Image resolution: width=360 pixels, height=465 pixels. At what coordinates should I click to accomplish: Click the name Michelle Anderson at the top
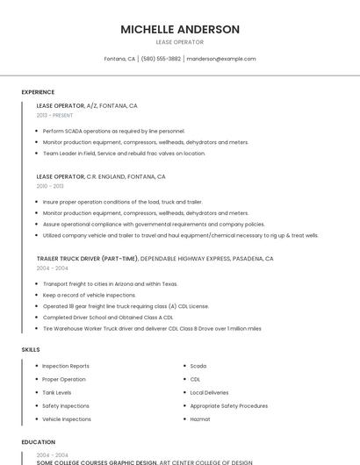pyautogui.click(x=180, y=29)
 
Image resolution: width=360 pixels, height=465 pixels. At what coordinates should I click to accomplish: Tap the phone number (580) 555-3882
pyautogui.click(x=161, y=59)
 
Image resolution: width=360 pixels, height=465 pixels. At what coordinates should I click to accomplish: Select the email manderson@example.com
pyautogui.click(x=221, y=59)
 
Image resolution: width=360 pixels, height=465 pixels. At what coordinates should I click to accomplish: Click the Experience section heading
pyautogui.click(x=38, y=92)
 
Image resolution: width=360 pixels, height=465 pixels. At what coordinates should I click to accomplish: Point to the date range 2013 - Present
pyautogui.click(x=54, y=115)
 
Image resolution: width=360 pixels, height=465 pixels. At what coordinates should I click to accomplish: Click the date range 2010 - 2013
pyautogui.click(x=50, y=186)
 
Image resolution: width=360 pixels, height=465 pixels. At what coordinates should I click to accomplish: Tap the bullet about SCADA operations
pyautogui.click(x=113, y=131)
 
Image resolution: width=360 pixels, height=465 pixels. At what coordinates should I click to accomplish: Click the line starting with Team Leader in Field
pyautogui.click(x=124, y=154)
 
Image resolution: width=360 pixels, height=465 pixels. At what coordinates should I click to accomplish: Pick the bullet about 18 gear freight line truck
pyautogui.click(x=126, y=306)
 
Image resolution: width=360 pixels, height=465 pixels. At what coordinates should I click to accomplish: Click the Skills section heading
pyautogui.click(x=31, y=350)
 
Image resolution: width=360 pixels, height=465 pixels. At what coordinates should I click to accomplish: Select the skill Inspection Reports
pyautogui.click(x=66, y=366)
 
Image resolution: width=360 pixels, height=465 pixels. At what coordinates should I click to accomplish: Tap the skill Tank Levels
pyautogui.click(x=57, y=392)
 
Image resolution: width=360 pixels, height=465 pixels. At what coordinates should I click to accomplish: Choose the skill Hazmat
pyautogui.click(x=200, y=419)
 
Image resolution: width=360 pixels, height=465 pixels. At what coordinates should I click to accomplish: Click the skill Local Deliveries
pyautogui.click(x=209, y=392)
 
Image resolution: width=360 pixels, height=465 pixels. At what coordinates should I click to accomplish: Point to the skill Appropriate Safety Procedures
pyautogui.click(x=229, y=406)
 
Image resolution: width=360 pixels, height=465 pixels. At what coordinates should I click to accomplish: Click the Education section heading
pyautogui.click(x=38, y=442)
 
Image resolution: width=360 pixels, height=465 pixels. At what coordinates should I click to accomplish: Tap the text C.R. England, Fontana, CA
pyautogui.click(x=126, y=176)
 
